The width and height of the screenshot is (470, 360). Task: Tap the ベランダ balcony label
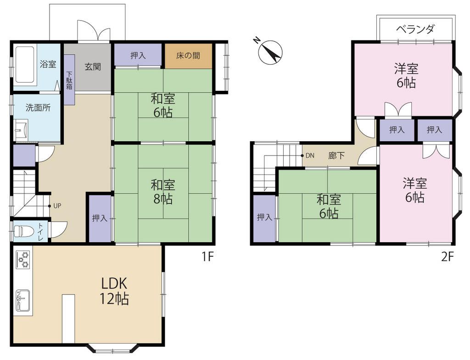[x=415, y=29]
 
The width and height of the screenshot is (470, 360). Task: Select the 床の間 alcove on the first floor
[x=188, y=56]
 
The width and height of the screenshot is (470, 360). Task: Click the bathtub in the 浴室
[x=23, y=65]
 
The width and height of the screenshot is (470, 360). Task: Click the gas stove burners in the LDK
[x=23, y=260]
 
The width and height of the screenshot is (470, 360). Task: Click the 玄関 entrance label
[x=92, y=66]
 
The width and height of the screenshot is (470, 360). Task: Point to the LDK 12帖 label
[x=114, y=291]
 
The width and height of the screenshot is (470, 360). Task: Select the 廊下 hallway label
[x=336, y=155]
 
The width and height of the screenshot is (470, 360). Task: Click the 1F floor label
[x=207, y=257]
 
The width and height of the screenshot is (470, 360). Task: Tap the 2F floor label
[x=447, y=257]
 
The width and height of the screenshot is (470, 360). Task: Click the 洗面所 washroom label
[x=38, y=108]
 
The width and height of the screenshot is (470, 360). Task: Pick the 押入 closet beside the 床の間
[x=138, y=55]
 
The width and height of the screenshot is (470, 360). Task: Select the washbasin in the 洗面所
[x=21, y=130]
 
